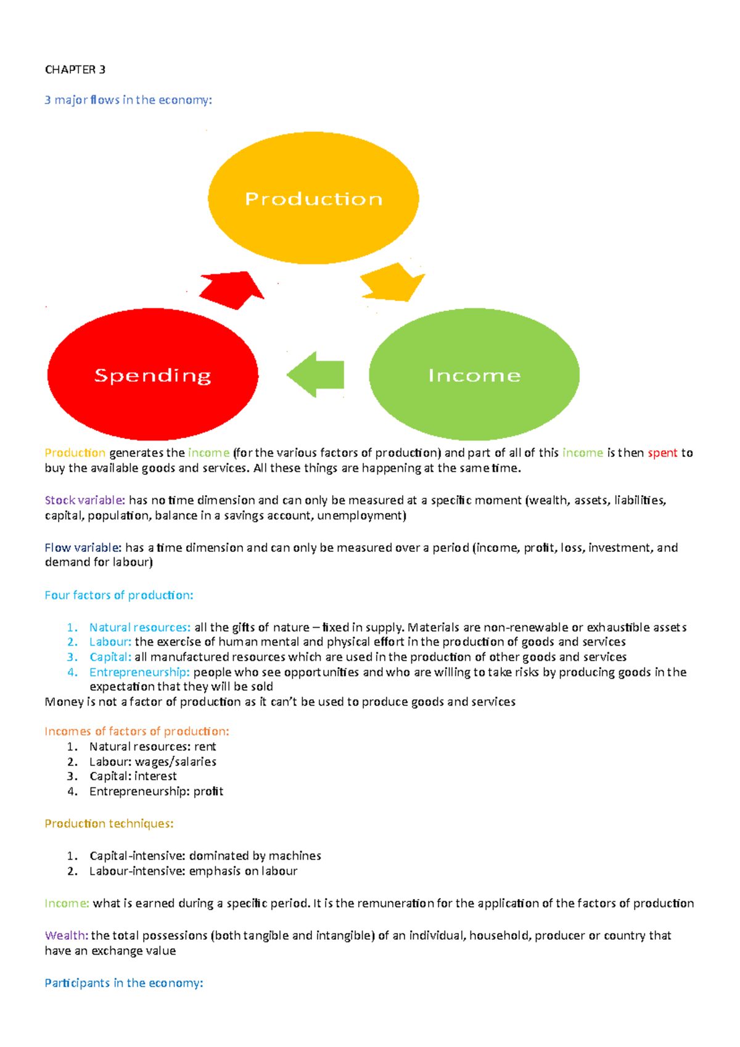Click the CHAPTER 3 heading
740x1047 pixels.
click(75, 70)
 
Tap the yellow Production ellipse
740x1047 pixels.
click(313, 198)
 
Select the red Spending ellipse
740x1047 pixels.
click(152, 375)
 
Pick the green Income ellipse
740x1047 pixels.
click(474, 375)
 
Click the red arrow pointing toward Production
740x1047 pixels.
click(233, 289)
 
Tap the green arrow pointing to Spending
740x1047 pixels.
click(316, 374)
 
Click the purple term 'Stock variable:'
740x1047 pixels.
click(84, 500)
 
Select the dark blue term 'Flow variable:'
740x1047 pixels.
click(83, 548)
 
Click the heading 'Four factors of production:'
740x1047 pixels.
click(118, 595)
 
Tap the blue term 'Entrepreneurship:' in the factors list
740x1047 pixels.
click(139, 672)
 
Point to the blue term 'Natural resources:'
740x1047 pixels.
click(140, 627)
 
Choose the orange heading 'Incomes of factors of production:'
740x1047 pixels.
click(136, 731)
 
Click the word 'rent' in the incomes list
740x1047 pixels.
click(205, 747)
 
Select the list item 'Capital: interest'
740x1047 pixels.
click(133, 776)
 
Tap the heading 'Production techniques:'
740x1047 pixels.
click(109, 824)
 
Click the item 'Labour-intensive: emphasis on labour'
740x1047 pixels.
click(193, 871)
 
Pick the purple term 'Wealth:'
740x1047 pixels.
click(67, 935)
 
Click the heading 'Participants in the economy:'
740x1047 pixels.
click(123, 983)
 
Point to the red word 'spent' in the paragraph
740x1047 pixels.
click(662, 453)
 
